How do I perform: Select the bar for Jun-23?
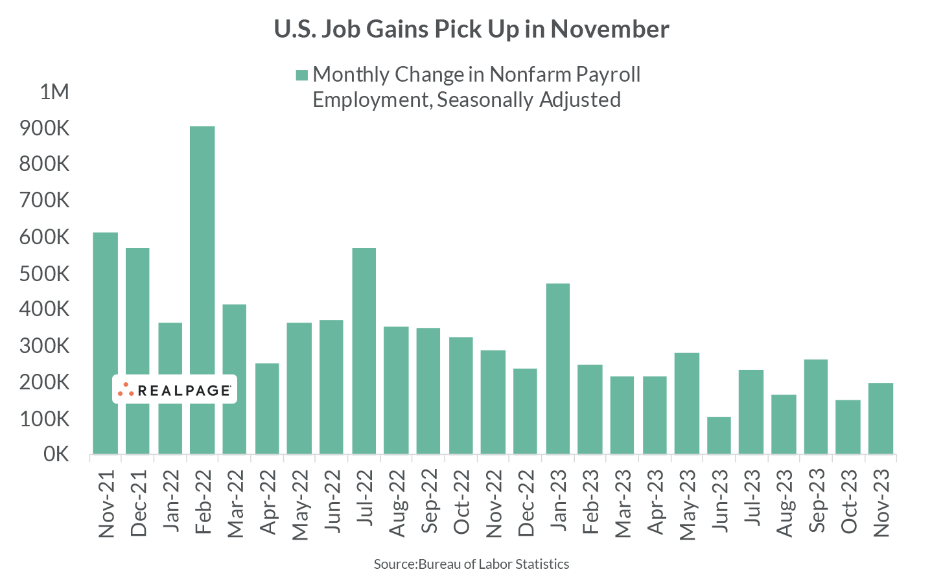click(719, 435)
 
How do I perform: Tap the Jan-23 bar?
click(557, 369)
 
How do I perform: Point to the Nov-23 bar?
click(880, 419)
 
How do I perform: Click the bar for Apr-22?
click(267, 408)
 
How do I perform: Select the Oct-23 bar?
click(848, 427)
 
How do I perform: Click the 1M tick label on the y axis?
click(54, 92)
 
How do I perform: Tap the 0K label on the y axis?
click(56, 454)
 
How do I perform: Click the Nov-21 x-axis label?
click(106, 503)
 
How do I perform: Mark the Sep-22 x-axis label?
click(429, 503)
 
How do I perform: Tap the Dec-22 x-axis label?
click(526, 503)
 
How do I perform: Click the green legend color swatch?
click(301, 75)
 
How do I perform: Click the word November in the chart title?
click(610, 29)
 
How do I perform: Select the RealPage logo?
click(174, 389)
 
